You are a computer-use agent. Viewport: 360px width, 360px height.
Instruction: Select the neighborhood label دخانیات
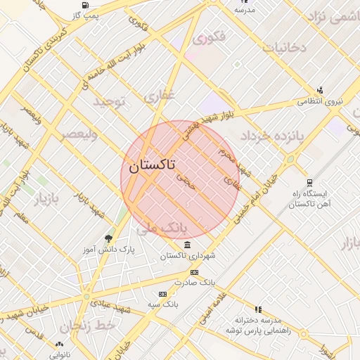click(284, 48)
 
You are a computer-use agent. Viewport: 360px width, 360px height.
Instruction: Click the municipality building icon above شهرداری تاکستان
click(188, 245)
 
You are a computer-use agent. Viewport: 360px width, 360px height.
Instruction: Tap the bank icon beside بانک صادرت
click(194, 272)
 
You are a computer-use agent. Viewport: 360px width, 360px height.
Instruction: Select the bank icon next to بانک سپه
click(163, 294)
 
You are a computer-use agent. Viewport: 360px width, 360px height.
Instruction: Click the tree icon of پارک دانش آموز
click(108, 238)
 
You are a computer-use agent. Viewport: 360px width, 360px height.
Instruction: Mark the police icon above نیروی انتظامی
click(321, 90)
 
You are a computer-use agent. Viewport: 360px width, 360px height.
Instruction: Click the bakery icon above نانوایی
click(59, 345)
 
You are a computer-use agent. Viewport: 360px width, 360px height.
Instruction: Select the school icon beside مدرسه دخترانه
click(258, 309)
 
